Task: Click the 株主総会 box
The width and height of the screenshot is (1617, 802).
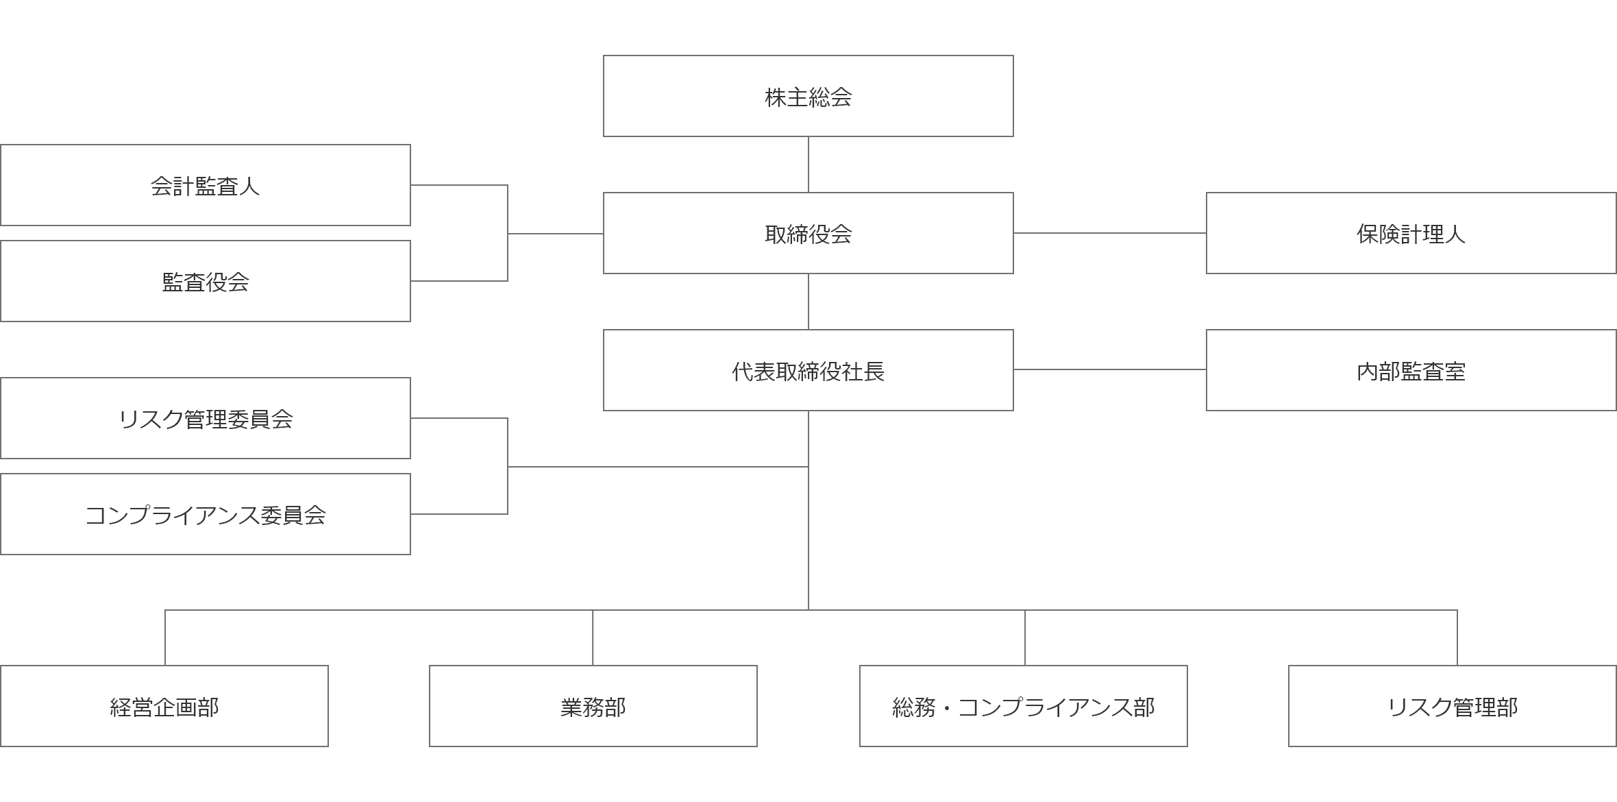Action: (x=808, y=96)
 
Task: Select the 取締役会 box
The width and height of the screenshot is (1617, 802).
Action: (x=808, y=233)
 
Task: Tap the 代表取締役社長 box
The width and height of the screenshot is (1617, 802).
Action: (x=808, y=370)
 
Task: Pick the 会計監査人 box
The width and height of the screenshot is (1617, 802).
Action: (x=206, y=185)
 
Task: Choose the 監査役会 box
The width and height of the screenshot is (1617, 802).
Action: (x=206, y=281)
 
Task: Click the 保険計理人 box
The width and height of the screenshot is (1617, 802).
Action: (x=1411, y=233)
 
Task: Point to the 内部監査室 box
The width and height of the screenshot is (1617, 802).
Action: (x=1411, y=370)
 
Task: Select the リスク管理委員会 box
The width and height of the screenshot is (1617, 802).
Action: (x=206, y=418)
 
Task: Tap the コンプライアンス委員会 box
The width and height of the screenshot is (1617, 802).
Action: (x=206, y=514)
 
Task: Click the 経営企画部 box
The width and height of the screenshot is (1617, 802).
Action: (x=164, y=706)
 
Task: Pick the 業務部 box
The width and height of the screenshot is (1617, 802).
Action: (x=593, y=706)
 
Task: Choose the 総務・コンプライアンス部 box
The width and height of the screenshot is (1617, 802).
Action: (x=1024, y=706)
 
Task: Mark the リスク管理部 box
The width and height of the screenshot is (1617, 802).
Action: (x=1453, y=706)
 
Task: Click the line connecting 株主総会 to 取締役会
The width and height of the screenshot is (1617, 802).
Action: (x=808, y=165)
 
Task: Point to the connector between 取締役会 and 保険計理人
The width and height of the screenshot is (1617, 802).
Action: (x=1110, y=233)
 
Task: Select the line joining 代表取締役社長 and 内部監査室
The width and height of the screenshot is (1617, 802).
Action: (x=1110, y=369)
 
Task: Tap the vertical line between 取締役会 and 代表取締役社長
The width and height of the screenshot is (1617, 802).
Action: (x=808, y=302)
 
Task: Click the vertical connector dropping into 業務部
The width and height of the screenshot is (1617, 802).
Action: (x=593, y=637)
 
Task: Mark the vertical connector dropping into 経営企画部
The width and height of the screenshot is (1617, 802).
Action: (x=165, y=637)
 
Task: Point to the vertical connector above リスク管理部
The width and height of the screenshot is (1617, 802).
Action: (x=1457, y=637)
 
